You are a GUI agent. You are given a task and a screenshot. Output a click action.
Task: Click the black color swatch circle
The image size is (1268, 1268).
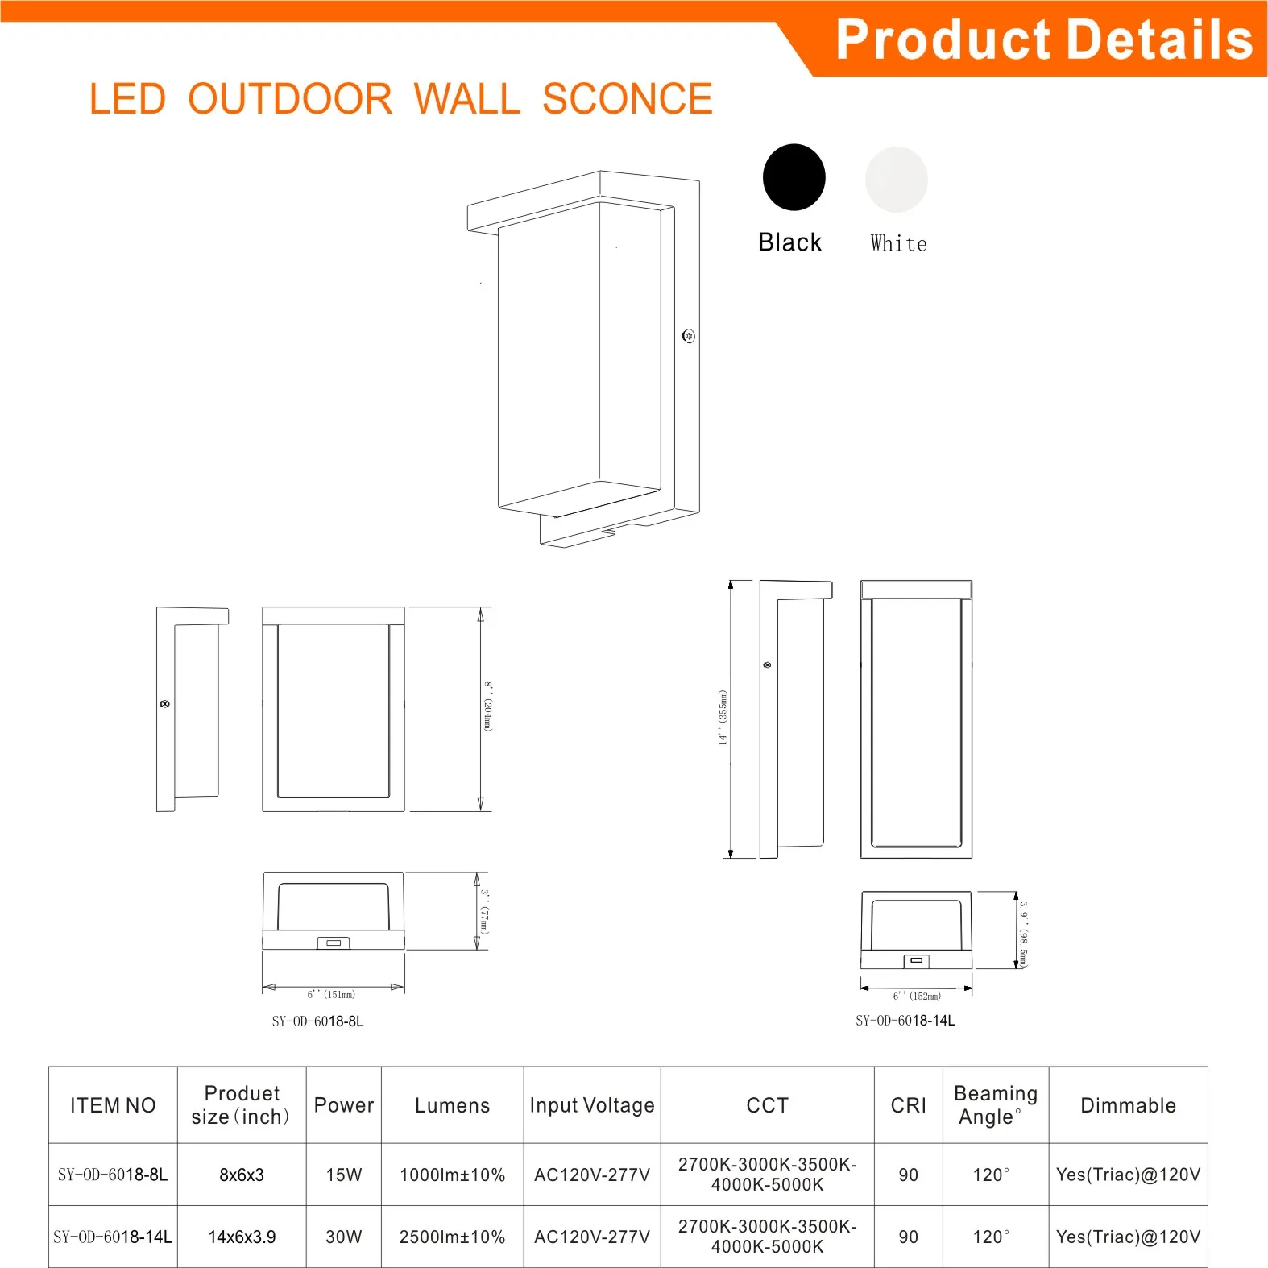[x=794, y=177]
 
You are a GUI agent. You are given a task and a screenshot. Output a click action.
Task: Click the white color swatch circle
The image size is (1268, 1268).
[x=896, y=179]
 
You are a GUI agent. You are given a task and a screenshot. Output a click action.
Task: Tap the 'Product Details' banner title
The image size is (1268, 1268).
[x=1044, y=39]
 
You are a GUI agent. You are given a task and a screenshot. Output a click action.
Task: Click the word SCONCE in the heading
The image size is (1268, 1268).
[x=627, y=99]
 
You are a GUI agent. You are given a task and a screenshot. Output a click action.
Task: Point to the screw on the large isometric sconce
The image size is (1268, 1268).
[x=688, y=336]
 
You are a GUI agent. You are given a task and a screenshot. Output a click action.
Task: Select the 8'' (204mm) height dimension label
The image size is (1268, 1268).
[x=487, y=707]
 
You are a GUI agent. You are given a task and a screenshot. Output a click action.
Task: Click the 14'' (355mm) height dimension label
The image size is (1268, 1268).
[x=723, y=717]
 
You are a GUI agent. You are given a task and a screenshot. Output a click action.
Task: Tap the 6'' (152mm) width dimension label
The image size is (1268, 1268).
[x=917, y=997]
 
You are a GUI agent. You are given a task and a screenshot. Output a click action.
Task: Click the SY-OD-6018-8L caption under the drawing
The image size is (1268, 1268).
[x=317, y=1021]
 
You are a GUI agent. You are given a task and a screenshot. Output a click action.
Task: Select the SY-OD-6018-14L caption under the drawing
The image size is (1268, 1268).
[x=905, y=1021]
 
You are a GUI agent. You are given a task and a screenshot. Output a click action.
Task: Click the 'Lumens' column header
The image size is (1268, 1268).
[x=452, y=1105]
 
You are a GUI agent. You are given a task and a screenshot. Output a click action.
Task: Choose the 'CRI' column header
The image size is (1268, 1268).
[x=908, y=1105]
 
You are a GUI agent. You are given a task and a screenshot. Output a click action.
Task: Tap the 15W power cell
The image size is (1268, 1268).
[x=344, y=1175]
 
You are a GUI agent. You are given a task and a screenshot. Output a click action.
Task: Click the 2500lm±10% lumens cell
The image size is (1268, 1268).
[x=452, y=1237]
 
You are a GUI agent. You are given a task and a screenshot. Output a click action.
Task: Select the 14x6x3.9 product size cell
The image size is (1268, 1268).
[x=242, y=1237]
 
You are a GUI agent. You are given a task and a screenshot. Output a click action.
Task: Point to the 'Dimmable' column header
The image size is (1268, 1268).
[x=1128, y=1105]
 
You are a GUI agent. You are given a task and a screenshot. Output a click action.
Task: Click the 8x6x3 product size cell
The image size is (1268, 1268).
[x=242, y=1175]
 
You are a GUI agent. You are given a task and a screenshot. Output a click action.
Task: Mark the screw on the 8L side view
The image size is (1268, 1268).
[x=165, y=704]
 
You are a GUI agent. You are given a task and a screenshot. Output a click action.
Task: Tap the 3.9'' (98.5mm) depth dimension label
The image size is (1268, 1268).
[x=1023, y=934]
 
